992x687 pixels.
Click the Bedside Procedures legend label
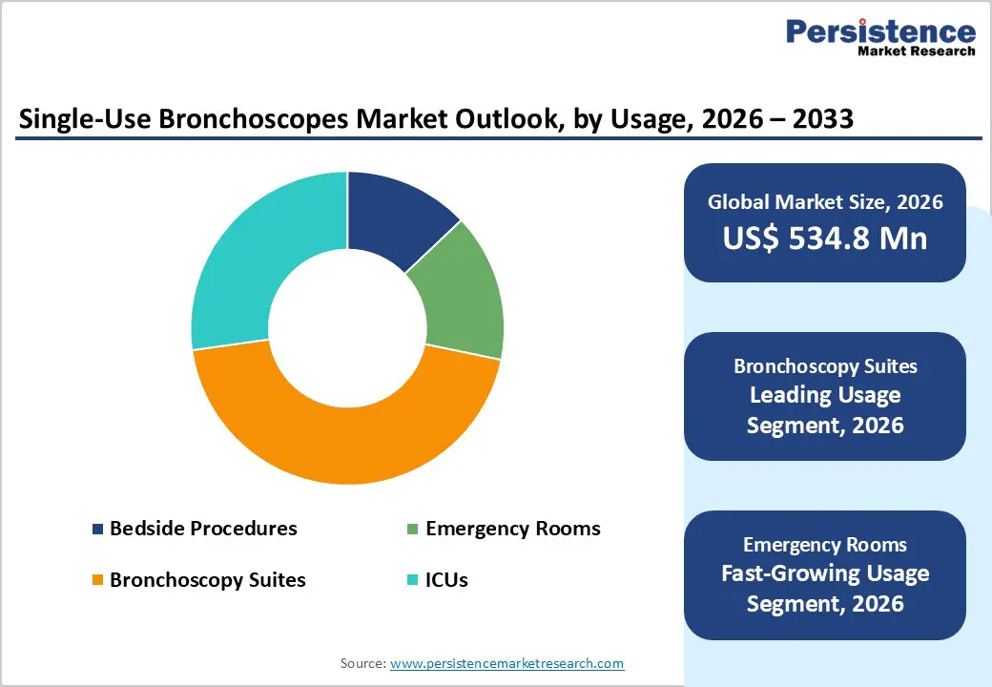tap(203, 529)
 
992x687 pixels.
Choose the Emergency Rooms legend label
tap(512, 529)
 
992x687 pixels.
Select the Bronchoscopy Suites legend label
tap(207, 579)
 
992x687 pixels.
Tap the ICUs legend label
tap(446, 579)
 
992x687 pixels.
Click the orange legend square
tap(97, 580)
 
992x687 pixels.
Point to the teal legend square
tap(413, 580)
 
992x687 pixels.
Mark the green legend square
tap(413, 530)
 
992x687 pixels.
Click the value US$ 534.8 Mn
tap(824, 238)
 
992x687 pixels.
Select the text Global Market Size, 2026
tap(824, 201)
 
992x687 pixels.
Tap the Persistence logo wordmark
tap(879, 31)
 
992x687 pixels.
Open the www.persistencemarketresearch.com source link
tap(506, 663)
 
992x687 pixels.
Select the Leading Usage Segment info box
tap(824, 396)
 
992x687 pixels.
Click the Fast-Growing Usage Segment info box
tap(824, 574)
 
